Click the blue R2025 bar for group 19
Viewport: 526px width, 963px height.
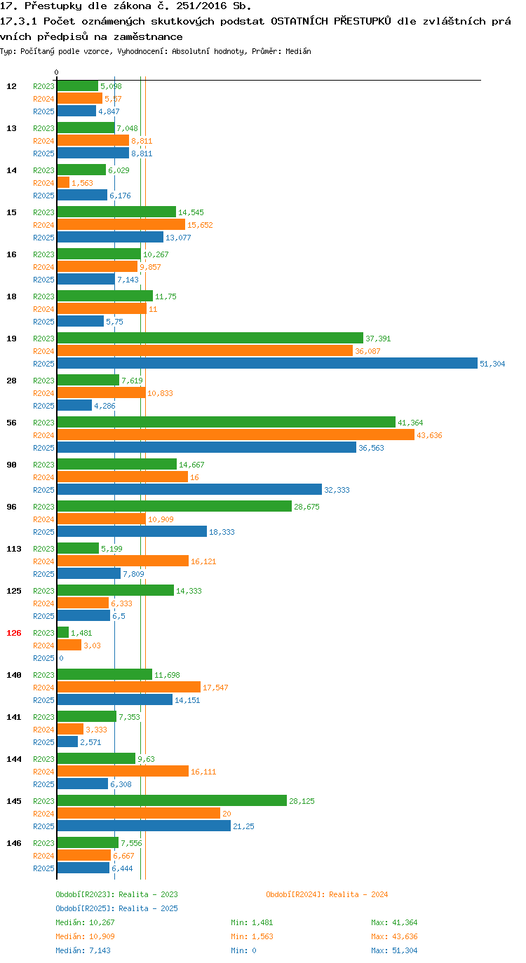[x=267, y=363]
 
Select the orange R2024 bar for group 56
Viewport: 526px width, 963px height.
[x=236, y=435]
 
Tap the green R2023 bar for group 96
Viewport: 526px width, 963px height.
[x=174, y=506]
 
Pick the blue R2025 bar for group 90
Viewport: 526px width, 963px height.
[x=189, y=489]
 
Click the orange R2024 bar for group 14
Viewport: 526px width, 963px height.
[x=63, y=182]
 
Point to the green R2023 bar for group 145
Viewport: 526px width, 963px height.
[x=172, y=800]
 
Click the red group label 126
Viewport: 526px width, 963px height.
[x=14, y=632]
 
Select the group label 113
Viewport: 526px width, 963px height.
[x=14, y=549]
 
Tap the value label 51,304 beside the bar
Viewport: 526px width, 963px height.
[x=492, y=364]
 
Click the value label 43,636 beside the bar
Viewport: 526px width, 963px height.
[x=429, y=435]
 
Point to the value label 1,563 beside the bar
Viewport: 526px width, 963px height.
[x=82, y=183]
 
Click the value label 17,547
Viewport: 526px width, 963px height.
[x=215, y=688]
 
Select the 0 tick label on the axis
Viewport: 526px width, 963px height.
[x=56, y=72]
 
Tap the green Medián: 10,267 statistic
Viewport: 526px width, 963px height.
[x=85, y=922]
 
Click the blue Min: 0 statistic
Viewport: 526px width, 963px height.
[x=243, y=950]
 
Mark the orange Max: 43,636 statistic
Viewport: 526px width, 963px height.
[x=394, y=936]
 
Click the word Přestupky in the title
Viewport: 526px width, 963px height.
[x=53, y=6]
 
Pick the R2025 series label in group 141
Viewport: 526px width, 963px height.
[x=44, y=742]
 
